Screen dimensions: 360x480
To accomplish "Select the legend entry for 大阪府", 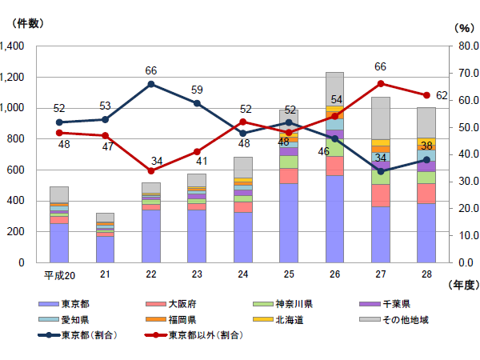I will point(180,304).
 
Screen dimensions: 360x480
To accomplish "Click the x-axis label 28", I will point(426,274).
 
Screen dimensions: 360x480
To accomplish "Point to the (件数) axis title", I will point(23,22).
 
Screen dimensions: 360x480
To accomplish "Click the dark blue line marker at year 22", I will point(151,84).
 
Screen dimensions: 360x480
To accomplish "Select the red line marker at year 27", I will point(381,83).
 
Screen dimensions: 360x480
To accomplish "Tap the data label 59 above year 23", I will point(197,90).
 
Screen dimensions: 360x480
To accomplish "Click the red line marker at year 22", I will point(151,170).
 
